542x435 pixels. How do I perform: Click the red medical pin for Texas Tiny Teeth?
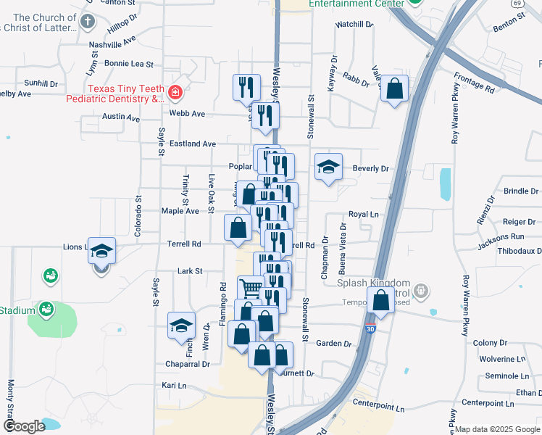(175, 92)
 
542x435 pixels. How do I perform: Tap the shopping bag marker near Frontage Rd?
(394, 89)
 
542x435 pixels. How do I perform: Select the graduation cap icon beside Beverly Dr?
(328, 167)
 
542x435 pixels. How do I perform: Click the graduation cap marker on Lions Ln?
(102, 251)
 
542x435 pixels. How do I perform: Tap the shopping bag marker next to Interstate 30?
(380, 299)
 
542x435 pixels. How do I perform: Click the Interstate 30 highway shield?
(372, 328)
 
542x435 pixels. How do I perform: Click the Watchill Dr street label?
(354, 25)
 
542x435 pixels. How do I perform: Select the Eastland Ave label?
(193, 144)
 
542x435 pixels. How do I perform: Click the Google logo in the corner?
(24, 426)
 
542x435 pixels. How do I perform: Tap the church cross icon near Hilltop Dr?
(88, 20)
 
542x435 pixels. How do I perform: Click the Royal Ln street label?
(364, 215)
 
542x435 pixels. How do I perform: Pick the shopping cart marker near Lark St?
(251, 288)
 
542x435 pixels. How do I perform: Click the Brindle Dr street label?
(522, 191)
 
